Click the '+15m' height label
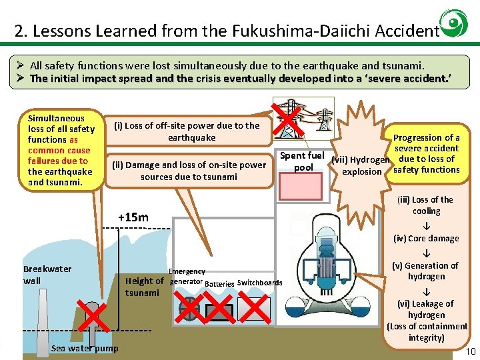(x=133, y=217)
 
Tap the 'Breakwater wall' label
(x=47, y=275)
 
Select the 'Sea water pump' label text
(x=85, y=348)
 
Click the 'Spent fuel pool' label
(x=303, y=161)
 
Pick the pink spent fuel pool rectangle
(x=304, y=187)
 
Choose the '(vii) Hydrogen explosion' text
(x=361, y=165)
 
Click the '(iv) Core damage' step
(x=426, y=238)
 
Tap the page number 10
(x=471, y=351)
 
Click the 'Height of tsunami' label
(x=144, y=287)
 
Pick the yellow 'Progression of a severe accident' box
(x=426, y=153)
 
